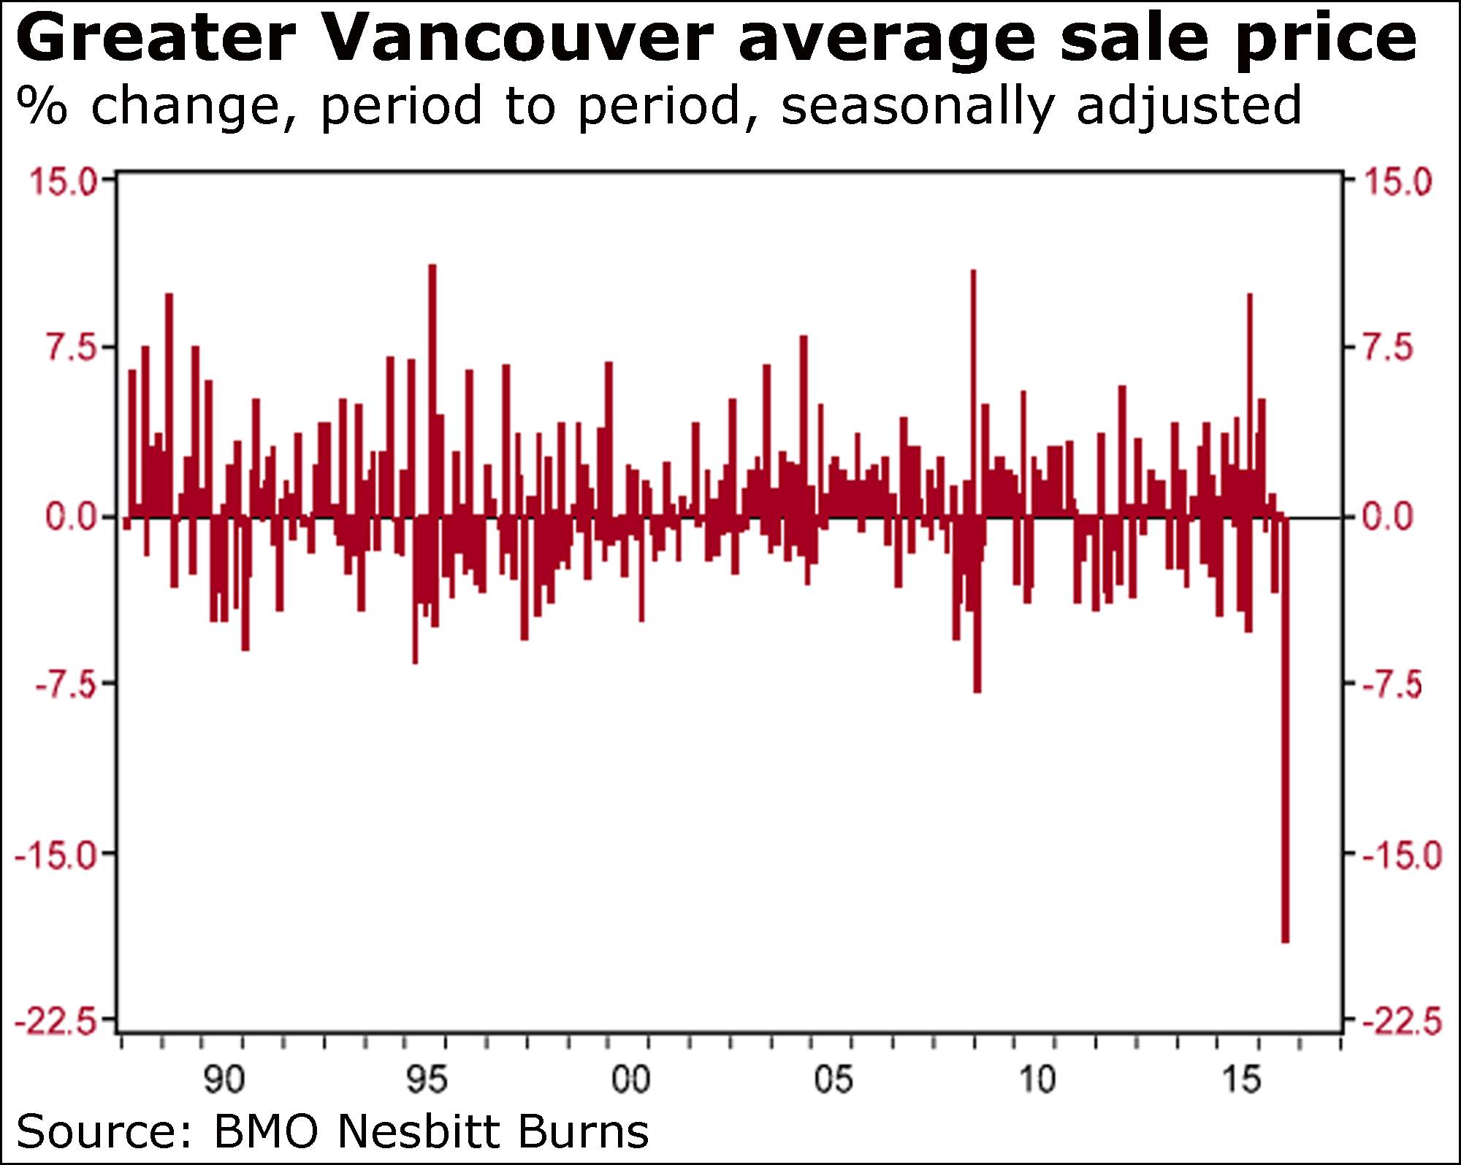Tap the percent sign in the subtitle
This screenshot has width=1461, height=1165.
click(42, 105)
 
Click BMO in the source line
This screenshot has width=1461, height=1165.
click(266, 1131)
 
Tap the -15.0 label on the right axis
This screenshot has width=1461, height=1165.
click(1403, 854)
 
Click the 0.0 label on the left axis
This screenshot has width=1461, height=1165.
click(70, 517)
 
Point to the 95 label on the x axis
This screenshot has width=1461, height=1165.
click(427, 1080)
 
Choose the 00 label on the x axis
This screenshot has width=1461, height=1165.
click(630, 1080)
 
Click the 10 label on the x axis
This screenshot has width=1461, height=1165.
click(1037, 1080)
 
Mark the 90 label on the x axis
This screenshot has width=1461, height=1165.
click(224, 1080)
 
